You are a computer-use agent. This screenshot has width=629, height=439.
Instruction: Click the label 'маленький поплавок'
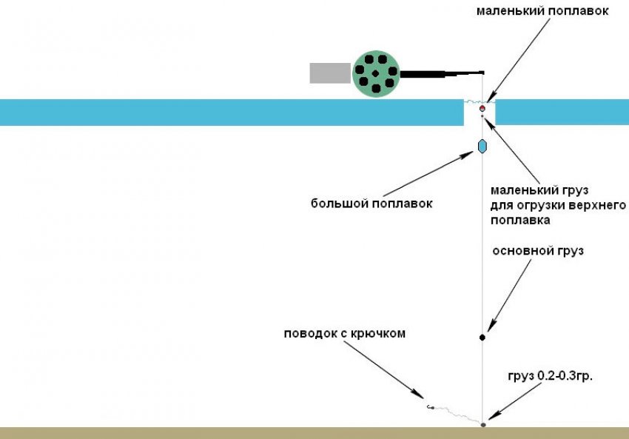(542, 11)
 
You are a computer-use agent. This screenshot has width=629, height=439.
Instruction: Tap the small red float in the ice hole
(482, 108)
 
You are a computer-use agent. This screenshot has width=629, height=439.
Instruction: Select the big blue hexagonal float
(482, 146)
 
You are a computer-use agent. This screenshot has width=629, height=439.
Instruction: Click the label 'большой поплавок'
(371, 204)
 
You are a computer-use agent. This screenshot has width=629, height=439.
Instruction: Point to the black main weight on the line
(482, 338)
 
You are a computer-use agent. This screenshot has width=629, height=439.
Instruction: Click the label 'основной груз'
(538, 251)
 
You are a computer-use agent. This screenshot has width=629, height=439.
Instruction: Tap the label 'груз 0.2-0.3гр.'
(550, 376)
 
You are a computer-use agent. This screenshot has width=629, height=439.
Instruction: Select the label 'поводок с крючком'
(345, 333)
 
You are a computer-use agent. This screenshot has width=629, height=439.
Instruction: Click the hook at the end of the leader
(430, 407)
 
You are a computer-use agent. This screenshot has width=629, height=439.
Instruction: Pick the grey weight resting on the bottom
(483, 424)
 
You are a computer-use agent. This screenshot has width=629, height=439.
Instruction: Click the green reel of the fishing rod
(376, 74)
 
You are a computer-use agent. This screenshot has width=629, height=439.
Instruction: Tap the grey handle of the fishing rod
(330, 73)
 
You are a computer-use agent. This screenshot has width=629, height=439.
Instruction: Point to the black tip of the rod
(482, 73)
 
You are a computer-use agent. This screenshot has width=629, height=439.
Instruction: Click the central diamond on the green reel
(375, 73)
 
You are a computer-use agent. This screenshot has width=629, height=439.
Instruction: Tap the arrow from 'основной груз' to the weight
(509, 295)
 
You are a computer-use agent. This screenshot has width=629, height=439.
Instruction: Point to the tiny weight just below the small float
(482, 116)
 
